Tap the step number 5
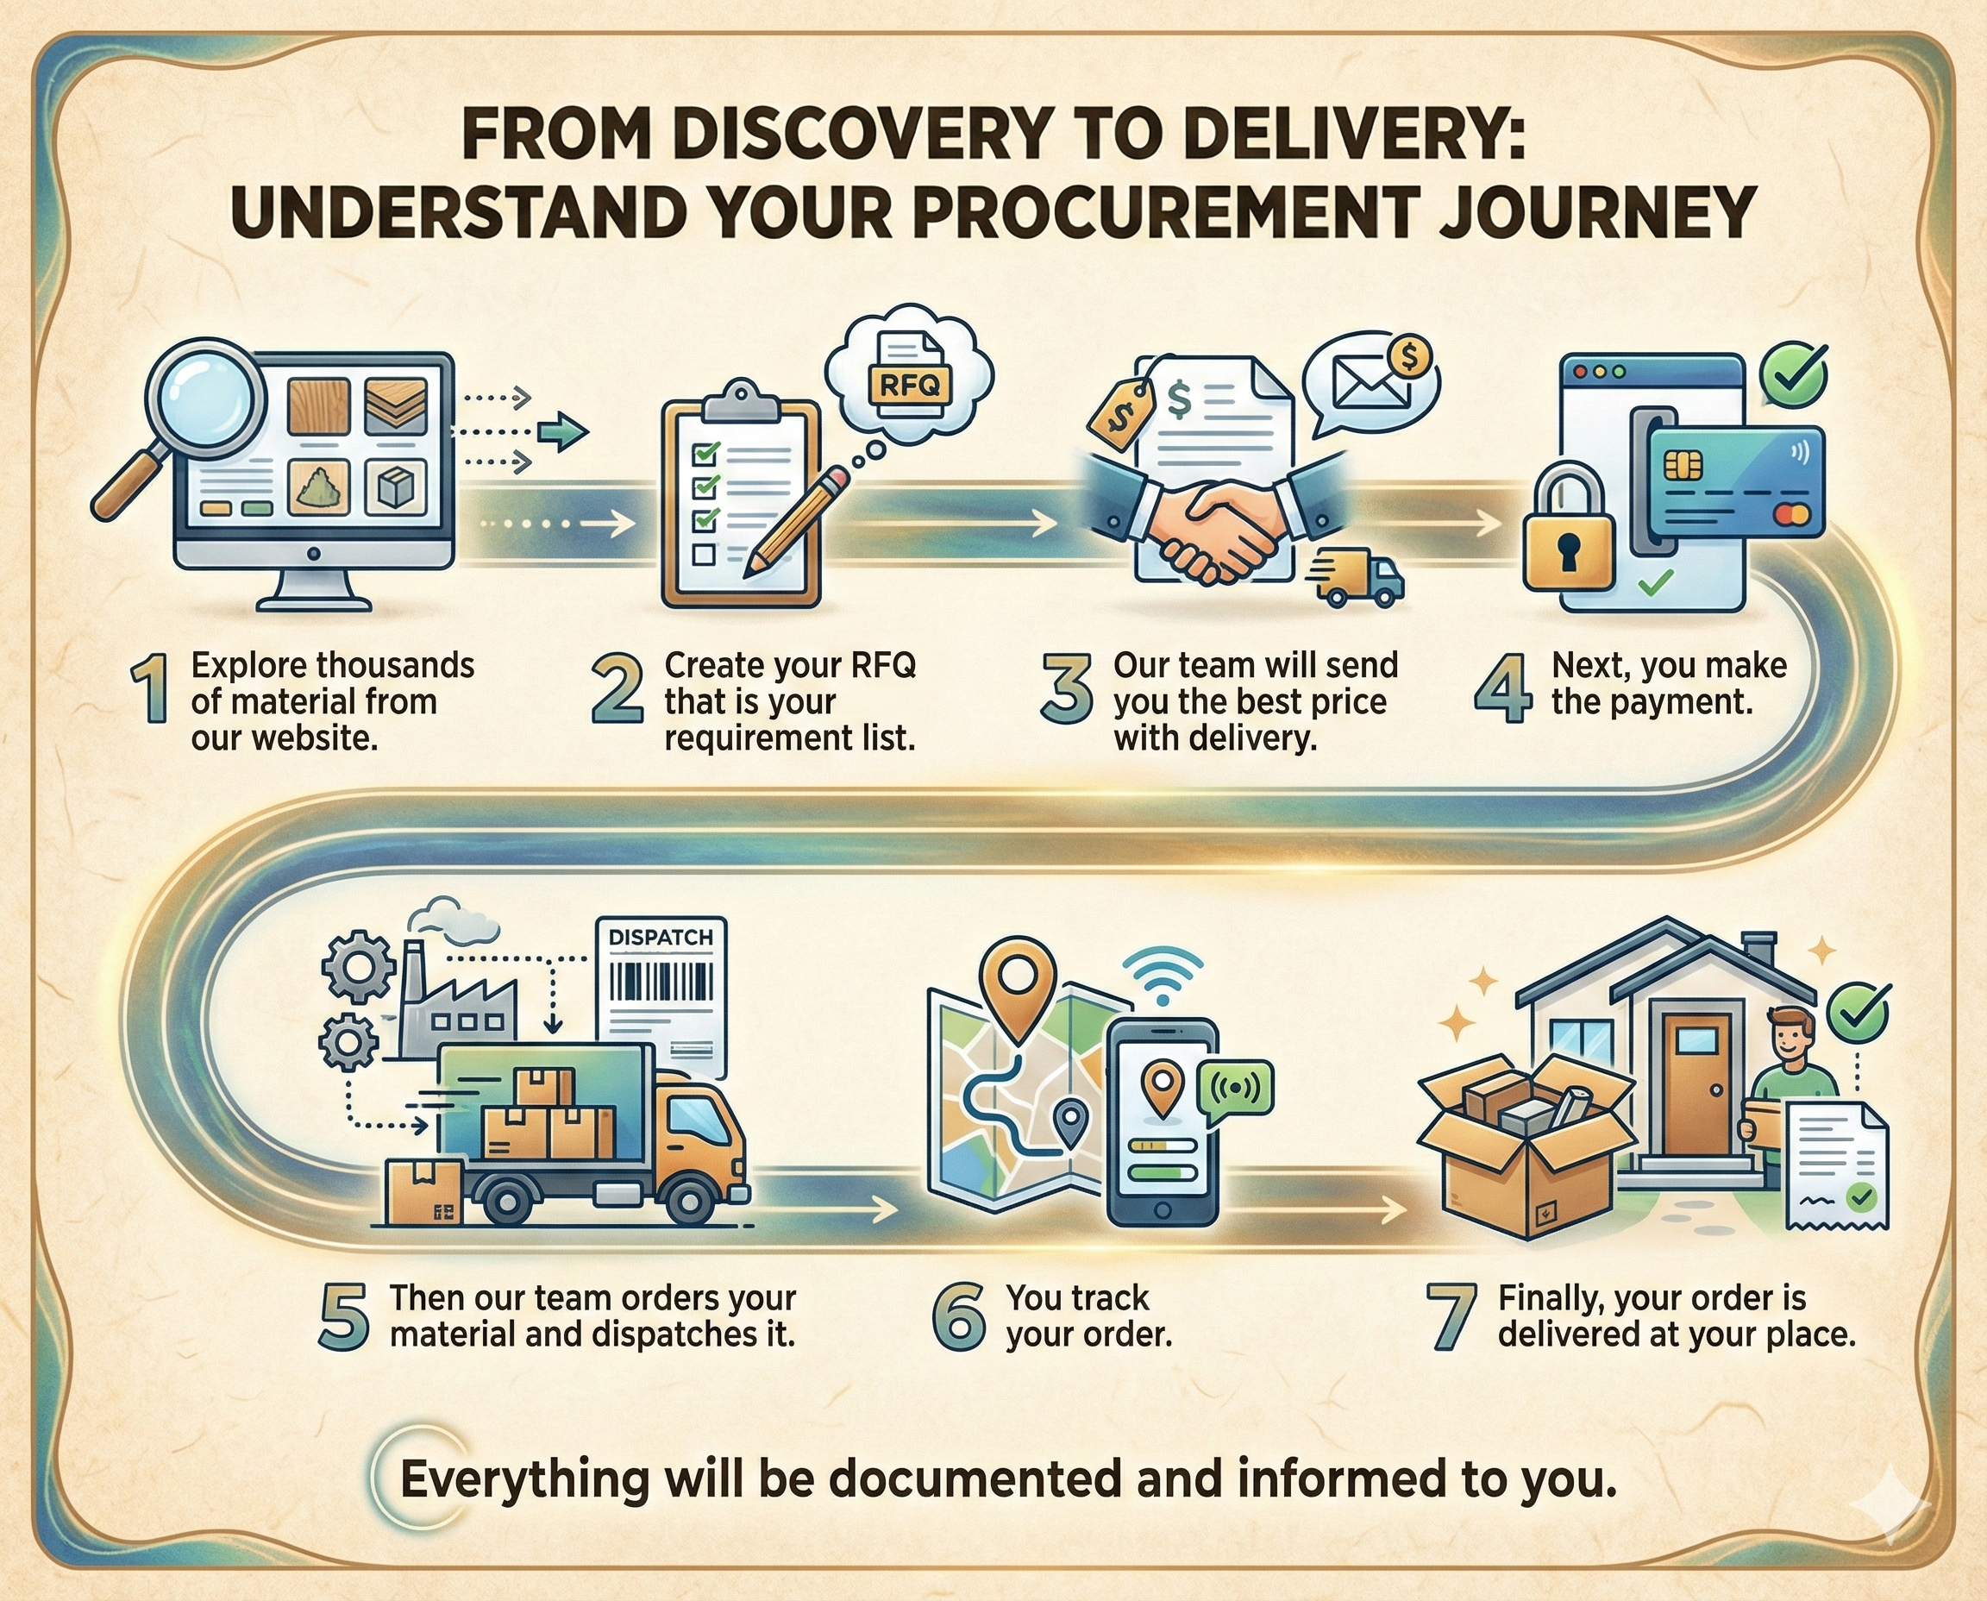[343, 1317]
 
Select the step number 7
[1451, 1317]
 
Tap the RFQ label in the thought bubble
[908, 384]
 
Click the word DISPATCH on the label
[661, 938]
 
